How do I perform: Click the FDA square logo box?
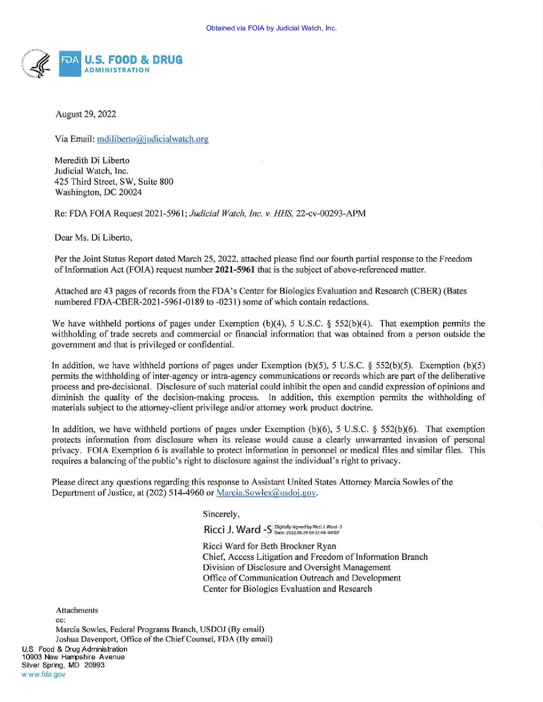pos(69,63)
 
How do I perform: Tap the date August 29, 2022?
pos(86,114)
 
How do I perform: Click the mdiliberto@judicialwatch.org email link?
pos(152,139)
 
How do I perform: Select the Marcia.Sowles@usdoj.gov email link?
pos(266,493)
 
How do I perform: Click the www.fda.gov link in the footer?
pos(43,674)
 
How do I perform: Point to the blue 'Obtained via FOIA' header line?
pos(271,28)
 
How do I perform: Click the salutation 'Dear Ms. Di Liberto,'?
pos(93,238)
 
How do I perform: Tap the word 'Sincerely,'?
pos(221,514)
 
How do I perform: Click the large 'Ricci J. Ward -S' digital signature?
pos(238,529)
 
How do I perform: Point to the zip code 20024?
pos(130,192)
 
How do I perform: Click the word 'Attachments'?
pos(77,610)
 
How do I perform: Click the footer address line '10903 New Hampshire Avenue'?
pos(73,657)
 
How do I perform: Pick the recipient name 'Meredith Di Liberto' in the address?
pos(92,161)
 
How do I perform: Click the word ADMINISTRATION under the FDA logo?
pos(117,70)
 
